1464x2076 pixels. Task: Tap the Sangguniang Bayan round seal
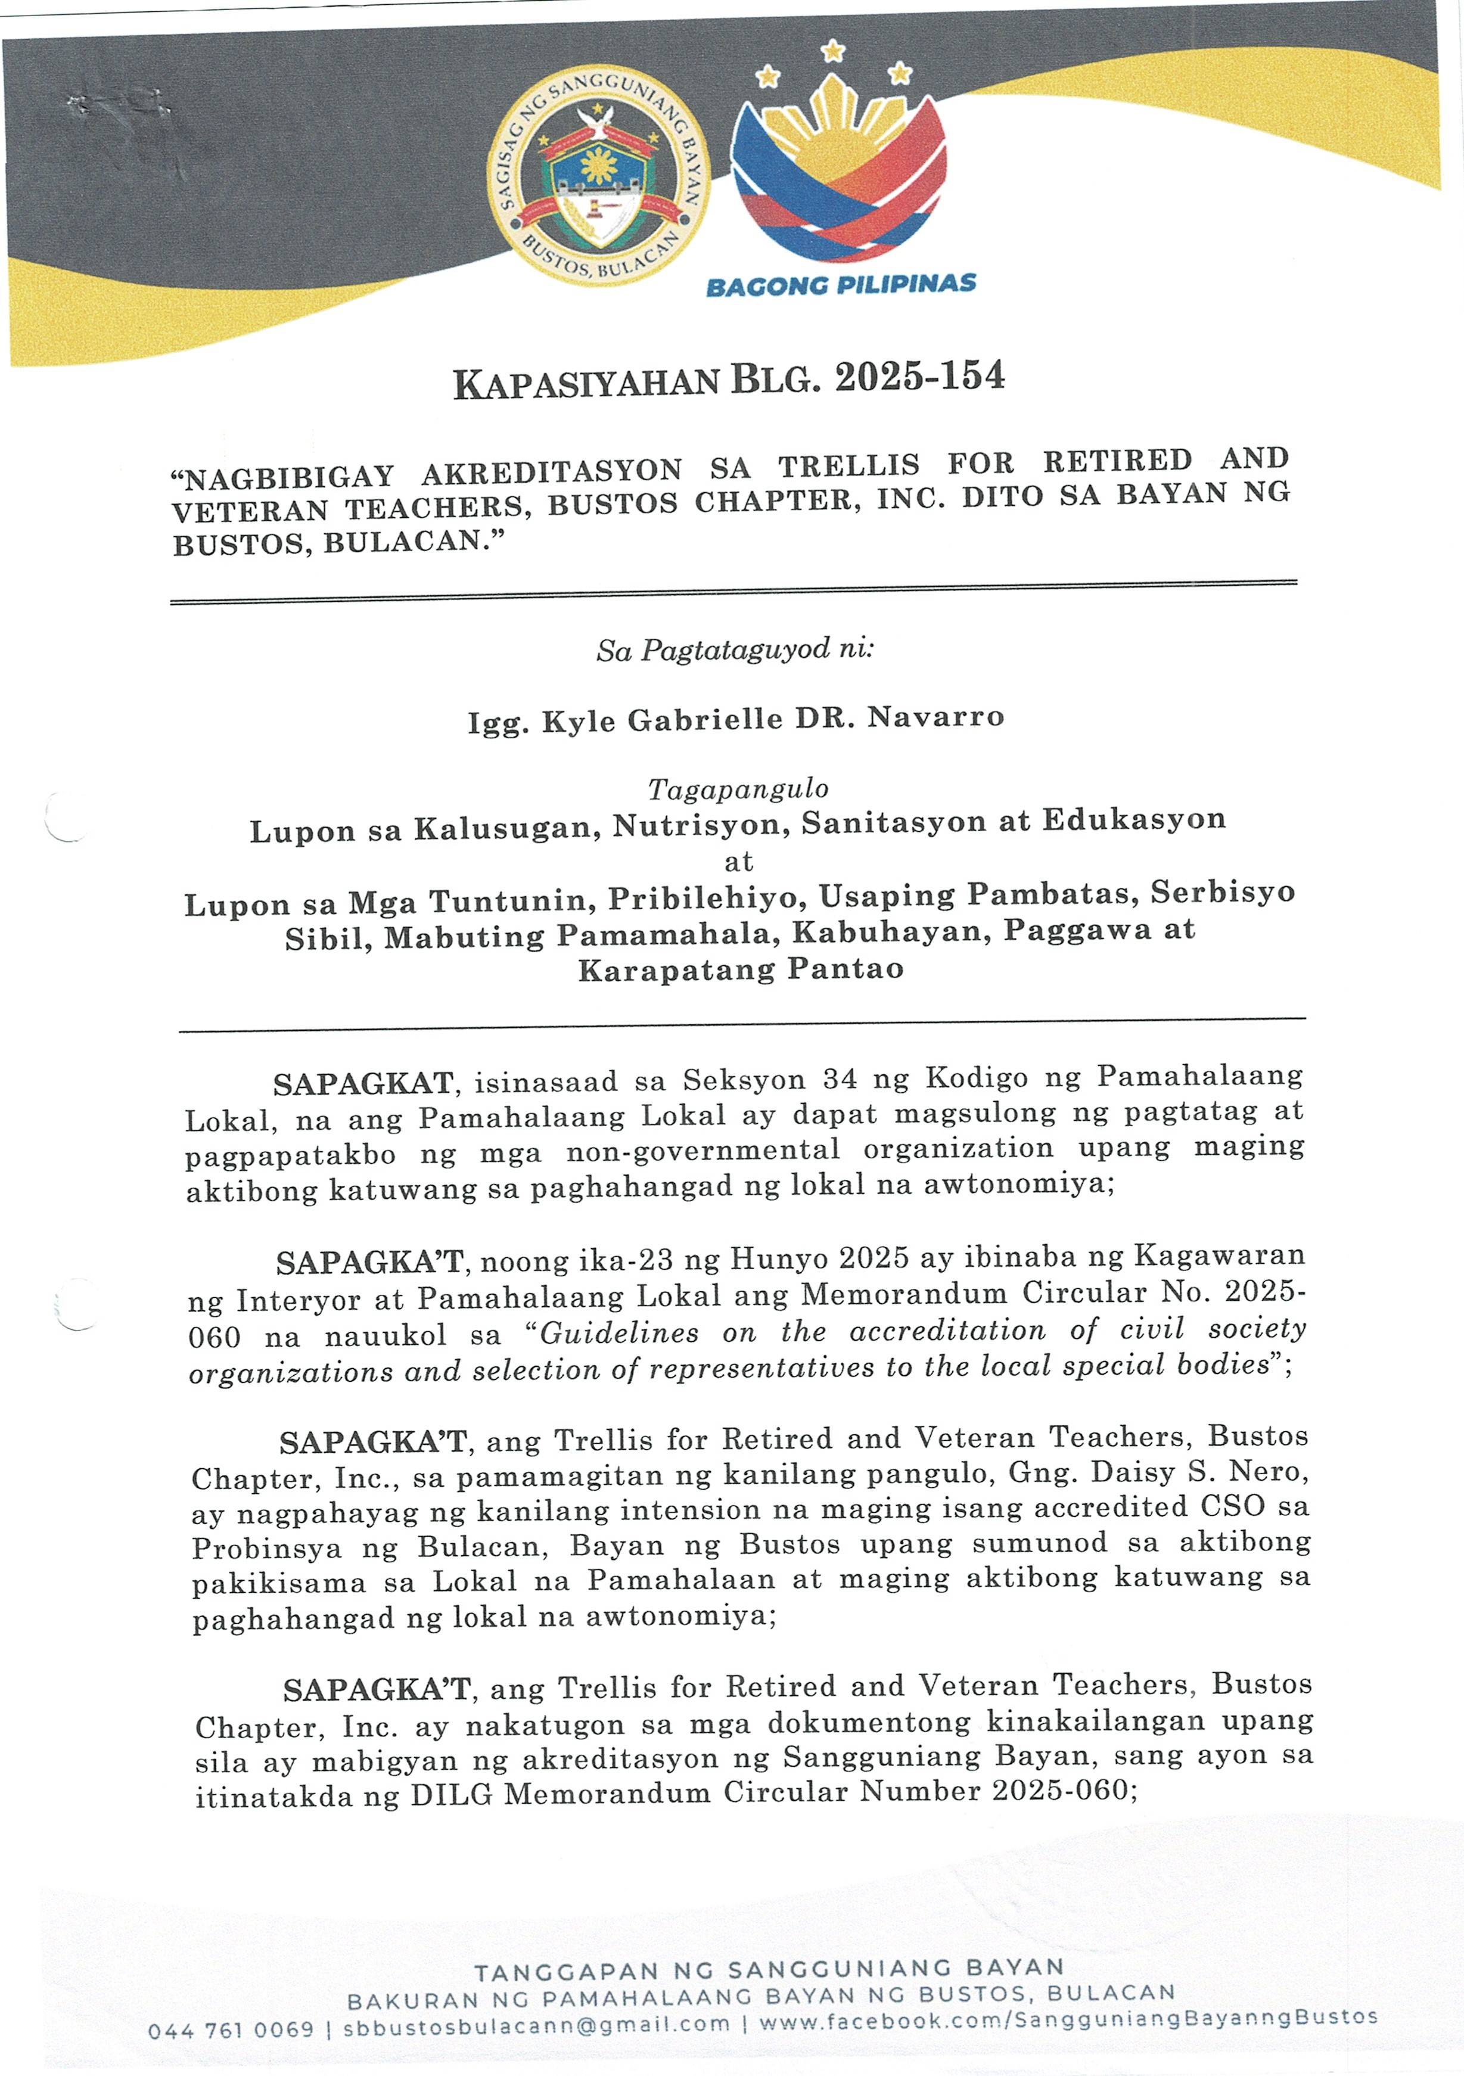point(599,177)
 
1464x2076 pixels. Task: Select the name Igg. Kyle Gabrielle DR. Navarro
point(735,720)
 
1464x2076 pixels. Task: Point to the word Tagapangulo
point(738,790)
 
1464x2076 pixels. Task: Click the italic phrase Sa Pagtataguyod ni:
point(734,650)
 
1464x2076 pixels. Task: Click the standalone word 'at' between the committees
point(739,861)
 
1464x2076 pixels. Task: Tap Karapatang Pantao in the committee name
point(741,969)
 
